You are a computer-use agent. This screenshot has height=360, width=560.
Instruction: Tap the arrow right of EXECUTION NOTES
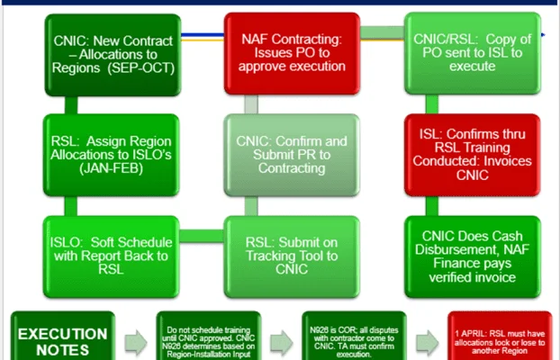pos(134,337)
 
